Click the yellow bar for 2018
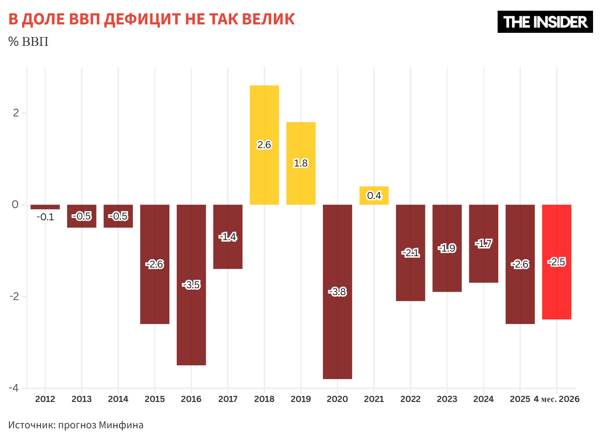pyautogui.click(x=264, y=145)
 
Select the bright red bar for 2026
pyautogui.click(x=557, y=262)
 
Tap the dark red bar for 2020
pyautogui.click(x=337, y=292)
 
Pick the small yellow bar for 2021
pyautogui.click(x=374, y=195)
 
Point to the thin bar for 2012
pyautogui.click(x=45, y=207)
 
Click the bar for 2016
pyautogui.click(x=191, y=285)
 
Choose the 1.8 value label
pyautogui.click(x=301, y=163)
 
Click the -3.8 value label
pyautogui.click(x=337, y=292)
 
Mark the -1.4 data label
pyautogui.click(x=228, y=237)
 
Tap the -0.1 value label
pyautogui.click(x=45, y=217)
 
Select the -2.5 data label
pyautogui.click(x=557, y=262)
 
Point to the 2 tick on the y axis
pyautogui.click(x=16, y=113)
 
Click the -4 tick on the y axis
pyautogui.click(x=14, y=388)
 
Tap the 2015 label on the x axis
pyautogui.click(x=155, y=399)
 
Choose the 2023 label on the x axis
pyautogui.click(x=447, y=399)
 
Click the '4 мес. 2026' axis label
pyautogui.click(x=556, y=399)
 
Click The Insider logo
pyautogui.click(x=545, y=22)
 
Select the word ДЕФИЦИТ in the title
pyautogui.click(x=143, y=19)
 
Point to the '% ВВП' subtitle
pyautogui.click(x=28, y=42)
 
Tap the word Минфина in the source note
pyautogui.click(x=121, y=425)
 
